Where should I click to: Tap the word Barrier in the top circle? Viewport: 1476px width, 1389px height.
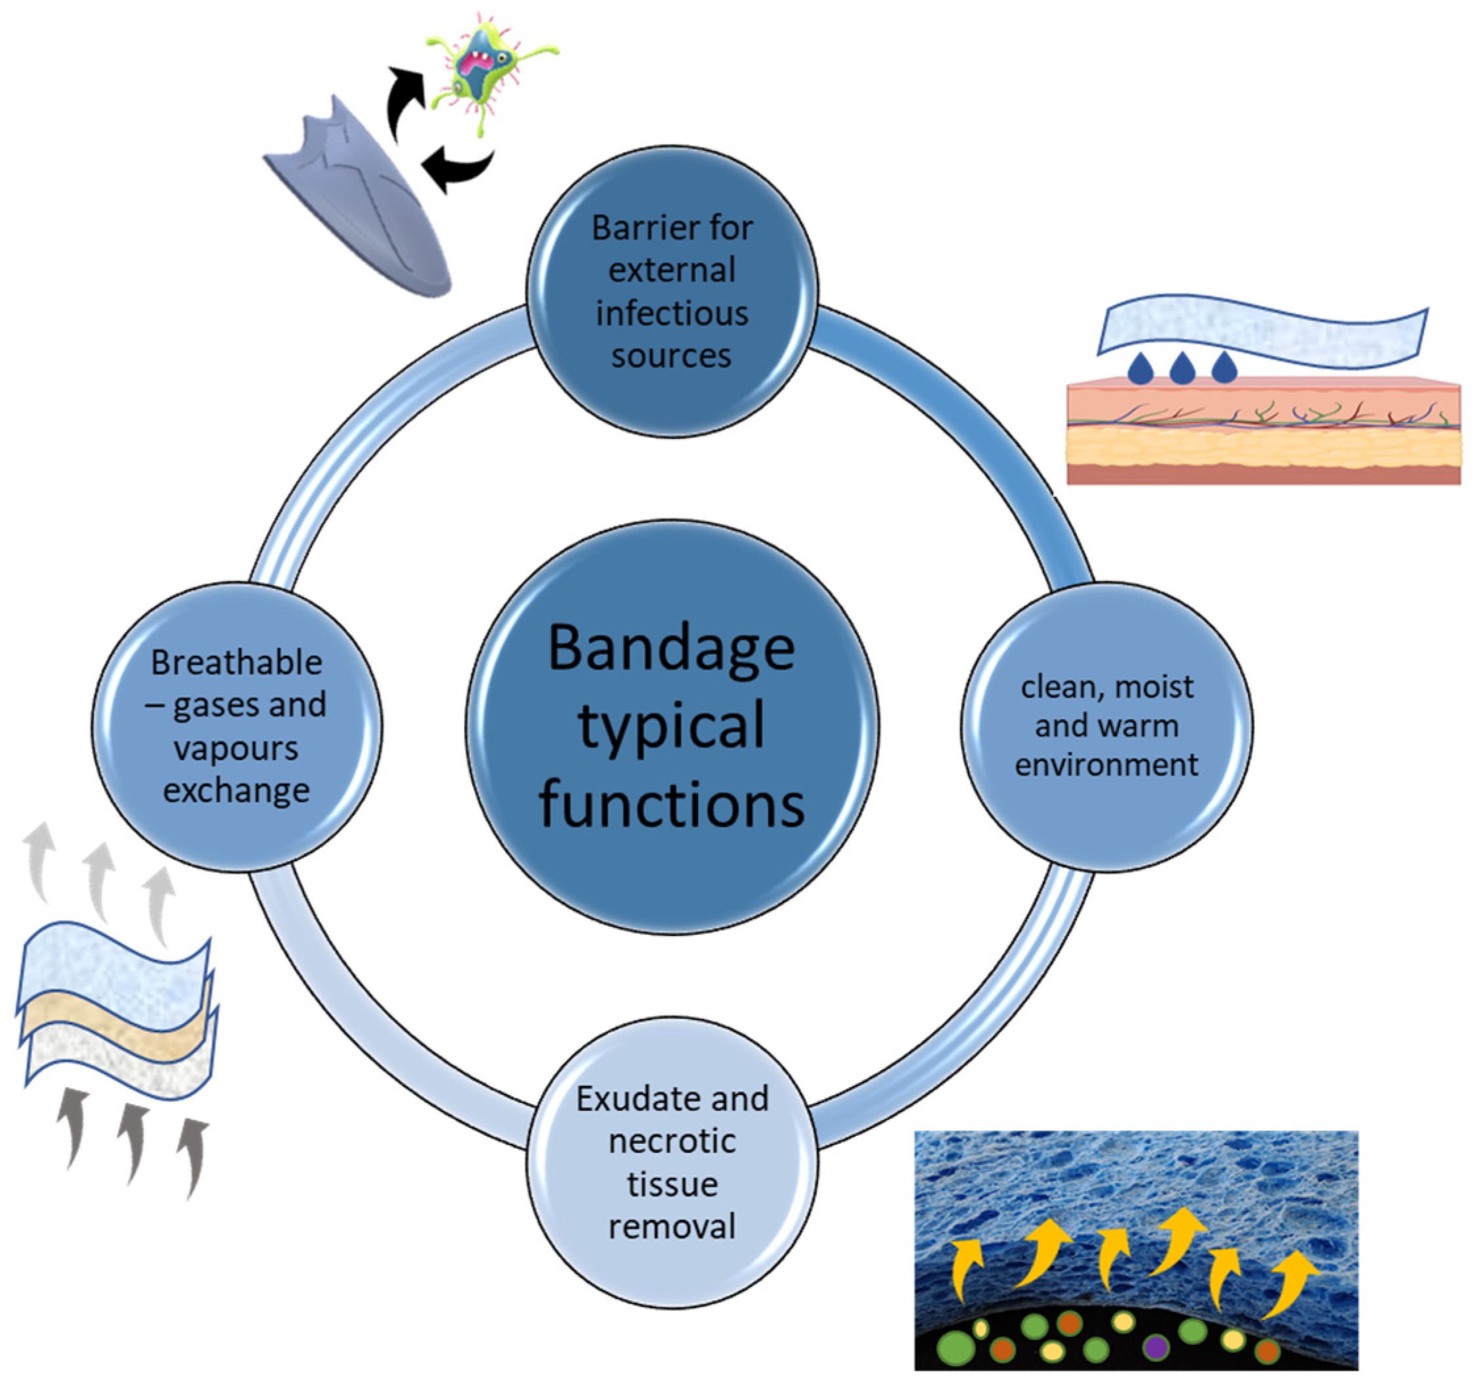click(631, 228)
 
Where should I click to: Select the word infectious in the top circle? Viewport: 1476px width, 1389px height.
click(672, 314)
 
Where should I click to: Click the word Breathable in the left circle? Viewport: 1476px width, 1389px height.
click(236, 663)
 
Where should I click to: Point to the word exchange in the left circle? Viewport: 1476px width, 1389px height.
click(236, 790)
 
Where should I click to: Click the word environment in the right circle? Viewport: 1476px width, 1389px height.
click(1106, 765)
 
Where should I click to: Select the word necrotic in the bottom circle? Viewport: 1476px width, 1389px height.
click(672, 1142)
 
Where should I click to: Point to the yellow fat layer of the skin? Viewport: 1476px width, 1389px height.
click(1262, 448)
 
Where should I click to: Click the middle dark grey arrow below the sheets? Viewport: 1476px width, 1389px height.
click(133, 1140)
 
